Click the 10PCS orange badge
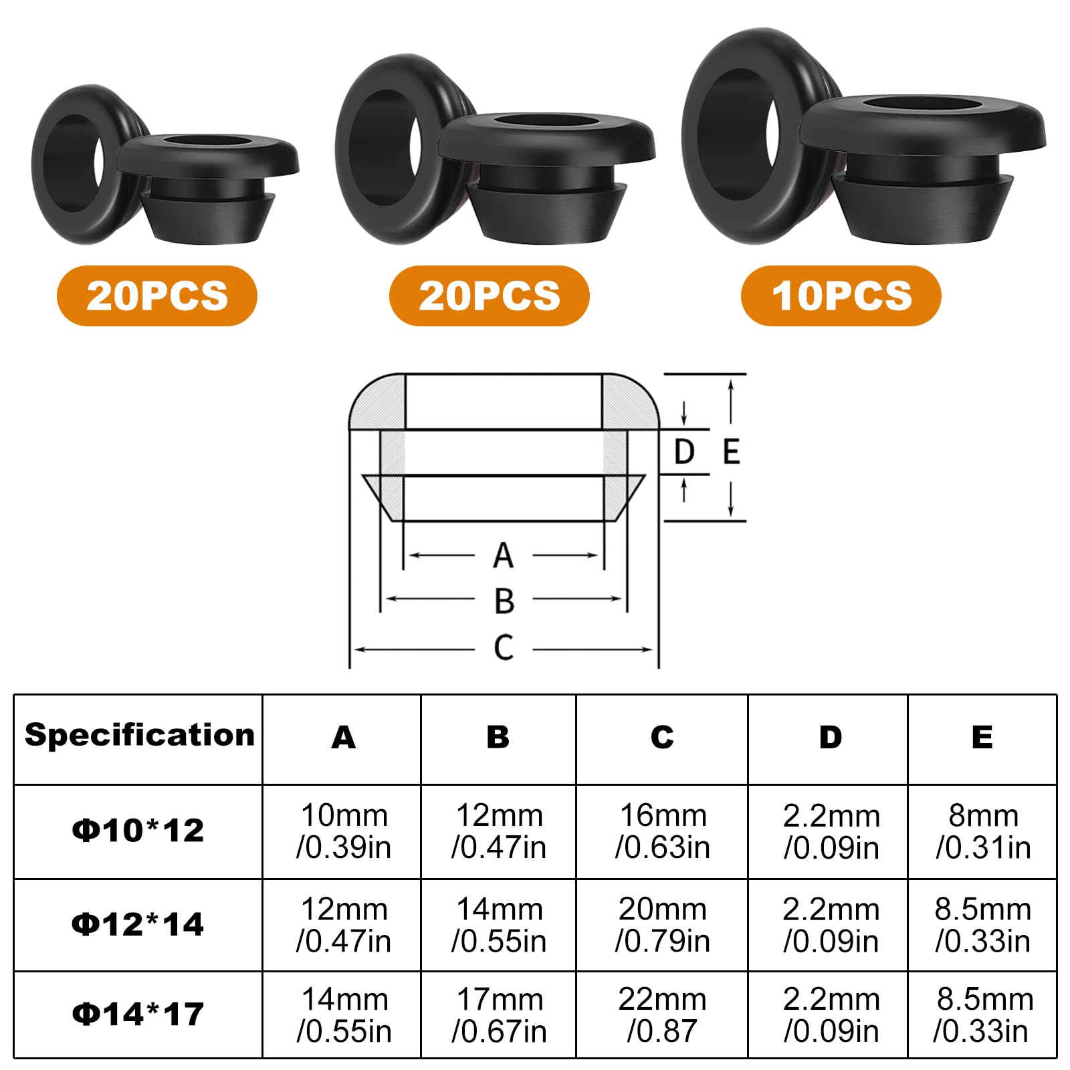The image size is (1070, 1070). coord(841,296)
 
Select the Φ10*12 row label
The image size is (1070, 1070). coord(138,831)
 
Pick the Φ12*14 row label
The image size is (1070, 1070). coord(138,924)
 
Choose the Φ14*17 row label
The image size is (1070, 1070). coord(138,1014)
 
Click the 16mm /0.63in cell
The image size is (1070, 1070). coord(662,831)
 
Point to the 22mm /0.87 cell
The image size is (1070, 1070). coord(662,1015)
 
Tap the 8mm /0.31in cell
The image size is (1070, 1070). coord(983,831)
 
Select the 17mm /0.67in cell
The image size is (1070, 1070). coord(499,1015)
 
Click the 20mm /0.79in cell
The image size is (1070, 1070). coord(662,925)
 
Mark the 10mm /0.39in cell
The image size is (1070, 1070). coord(344,831)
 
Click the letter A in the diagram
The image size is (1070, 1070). coord(503,556)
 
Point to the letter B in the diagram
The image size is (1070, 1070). coord(504,601)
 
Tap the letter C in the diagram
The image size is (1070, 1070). coord(504,647)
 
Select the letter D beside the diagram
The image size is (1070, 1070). coord(684,452)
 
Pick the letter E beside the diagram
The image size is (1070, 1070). coord(732,452)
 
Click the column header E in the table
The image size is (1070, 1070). coord(982,737)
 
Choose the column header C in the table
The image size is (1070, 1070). coord(662,737)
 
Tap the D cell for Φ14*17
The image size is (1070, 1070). coord(831,1015)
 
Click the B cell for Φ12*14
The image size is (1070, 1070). coord(499,925)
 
